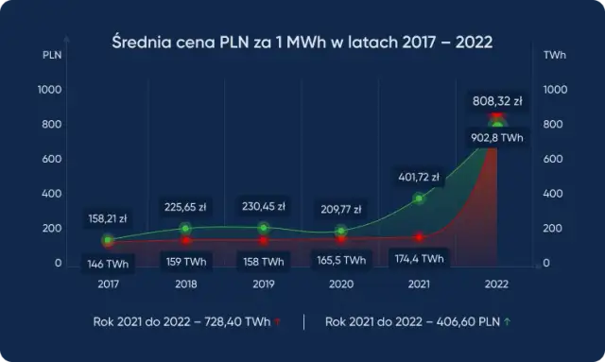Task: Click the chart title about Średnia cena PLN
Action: click(302, 43)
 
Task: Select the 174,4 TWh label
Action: click(419, 257)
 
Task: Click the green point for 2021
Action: click(419, 198)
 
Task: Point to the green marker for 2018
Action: click(185, 229)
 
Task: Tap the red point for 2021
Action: click(419, 237)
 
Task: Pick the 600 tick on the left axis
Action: click(50, 159)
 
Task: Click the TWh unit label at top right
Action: click(555, 56)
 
